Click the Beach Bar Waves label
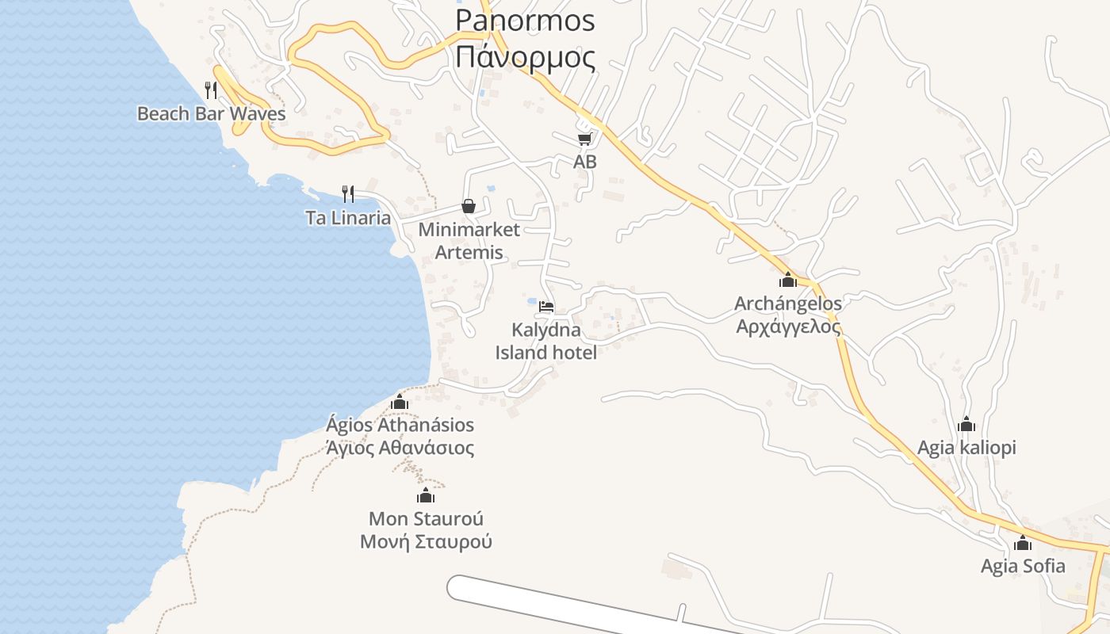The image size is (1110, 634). click(x=211, y=113)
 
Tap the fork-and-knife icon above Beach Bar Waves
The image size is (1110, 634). click(x=211, y=90)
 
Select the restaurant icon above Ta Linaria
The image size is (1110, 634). click(x=347, y=193)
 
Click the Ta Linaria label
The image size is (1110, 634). click(x=348, y=218)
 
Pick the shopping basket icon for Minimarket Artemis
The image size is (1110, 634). click(x=469, y=206)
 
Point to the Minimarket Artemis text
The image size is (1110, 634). click(x=469, y=241)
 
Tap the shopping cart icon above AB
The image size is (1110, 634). click(x=584, y=139)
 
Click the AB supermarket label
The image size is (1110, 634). click(x=585, y=162)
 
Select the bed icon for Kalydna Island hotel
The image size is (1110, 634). click(x=546, y=307)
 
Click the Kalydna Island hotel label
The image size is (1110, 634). click(x=545, y=341)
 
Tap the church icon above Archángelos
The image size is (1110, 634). click(x=787, y=280)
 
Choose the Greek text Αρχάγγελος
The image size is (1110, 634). click(x=788, y=327)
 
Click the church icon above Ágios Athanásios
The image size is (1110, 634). click(x=400, y=403)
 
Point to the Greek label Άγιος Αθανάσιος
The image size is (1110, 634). click(x=400, y=449)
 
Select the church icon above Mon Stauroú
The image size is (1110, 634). click(x=426, y=496)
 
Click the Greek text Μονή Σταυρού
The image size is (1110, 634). click(x=426, y=542)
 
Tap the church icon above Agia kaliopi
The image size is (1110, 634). click(x=966, y=425)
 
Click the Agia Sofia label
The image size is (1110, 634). click(x=1023, y=566)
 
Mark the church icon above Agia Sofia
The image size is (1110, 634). click(x=1023, y=544)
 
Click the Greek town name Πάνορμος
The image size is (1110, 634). click(x=526, y=57)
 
